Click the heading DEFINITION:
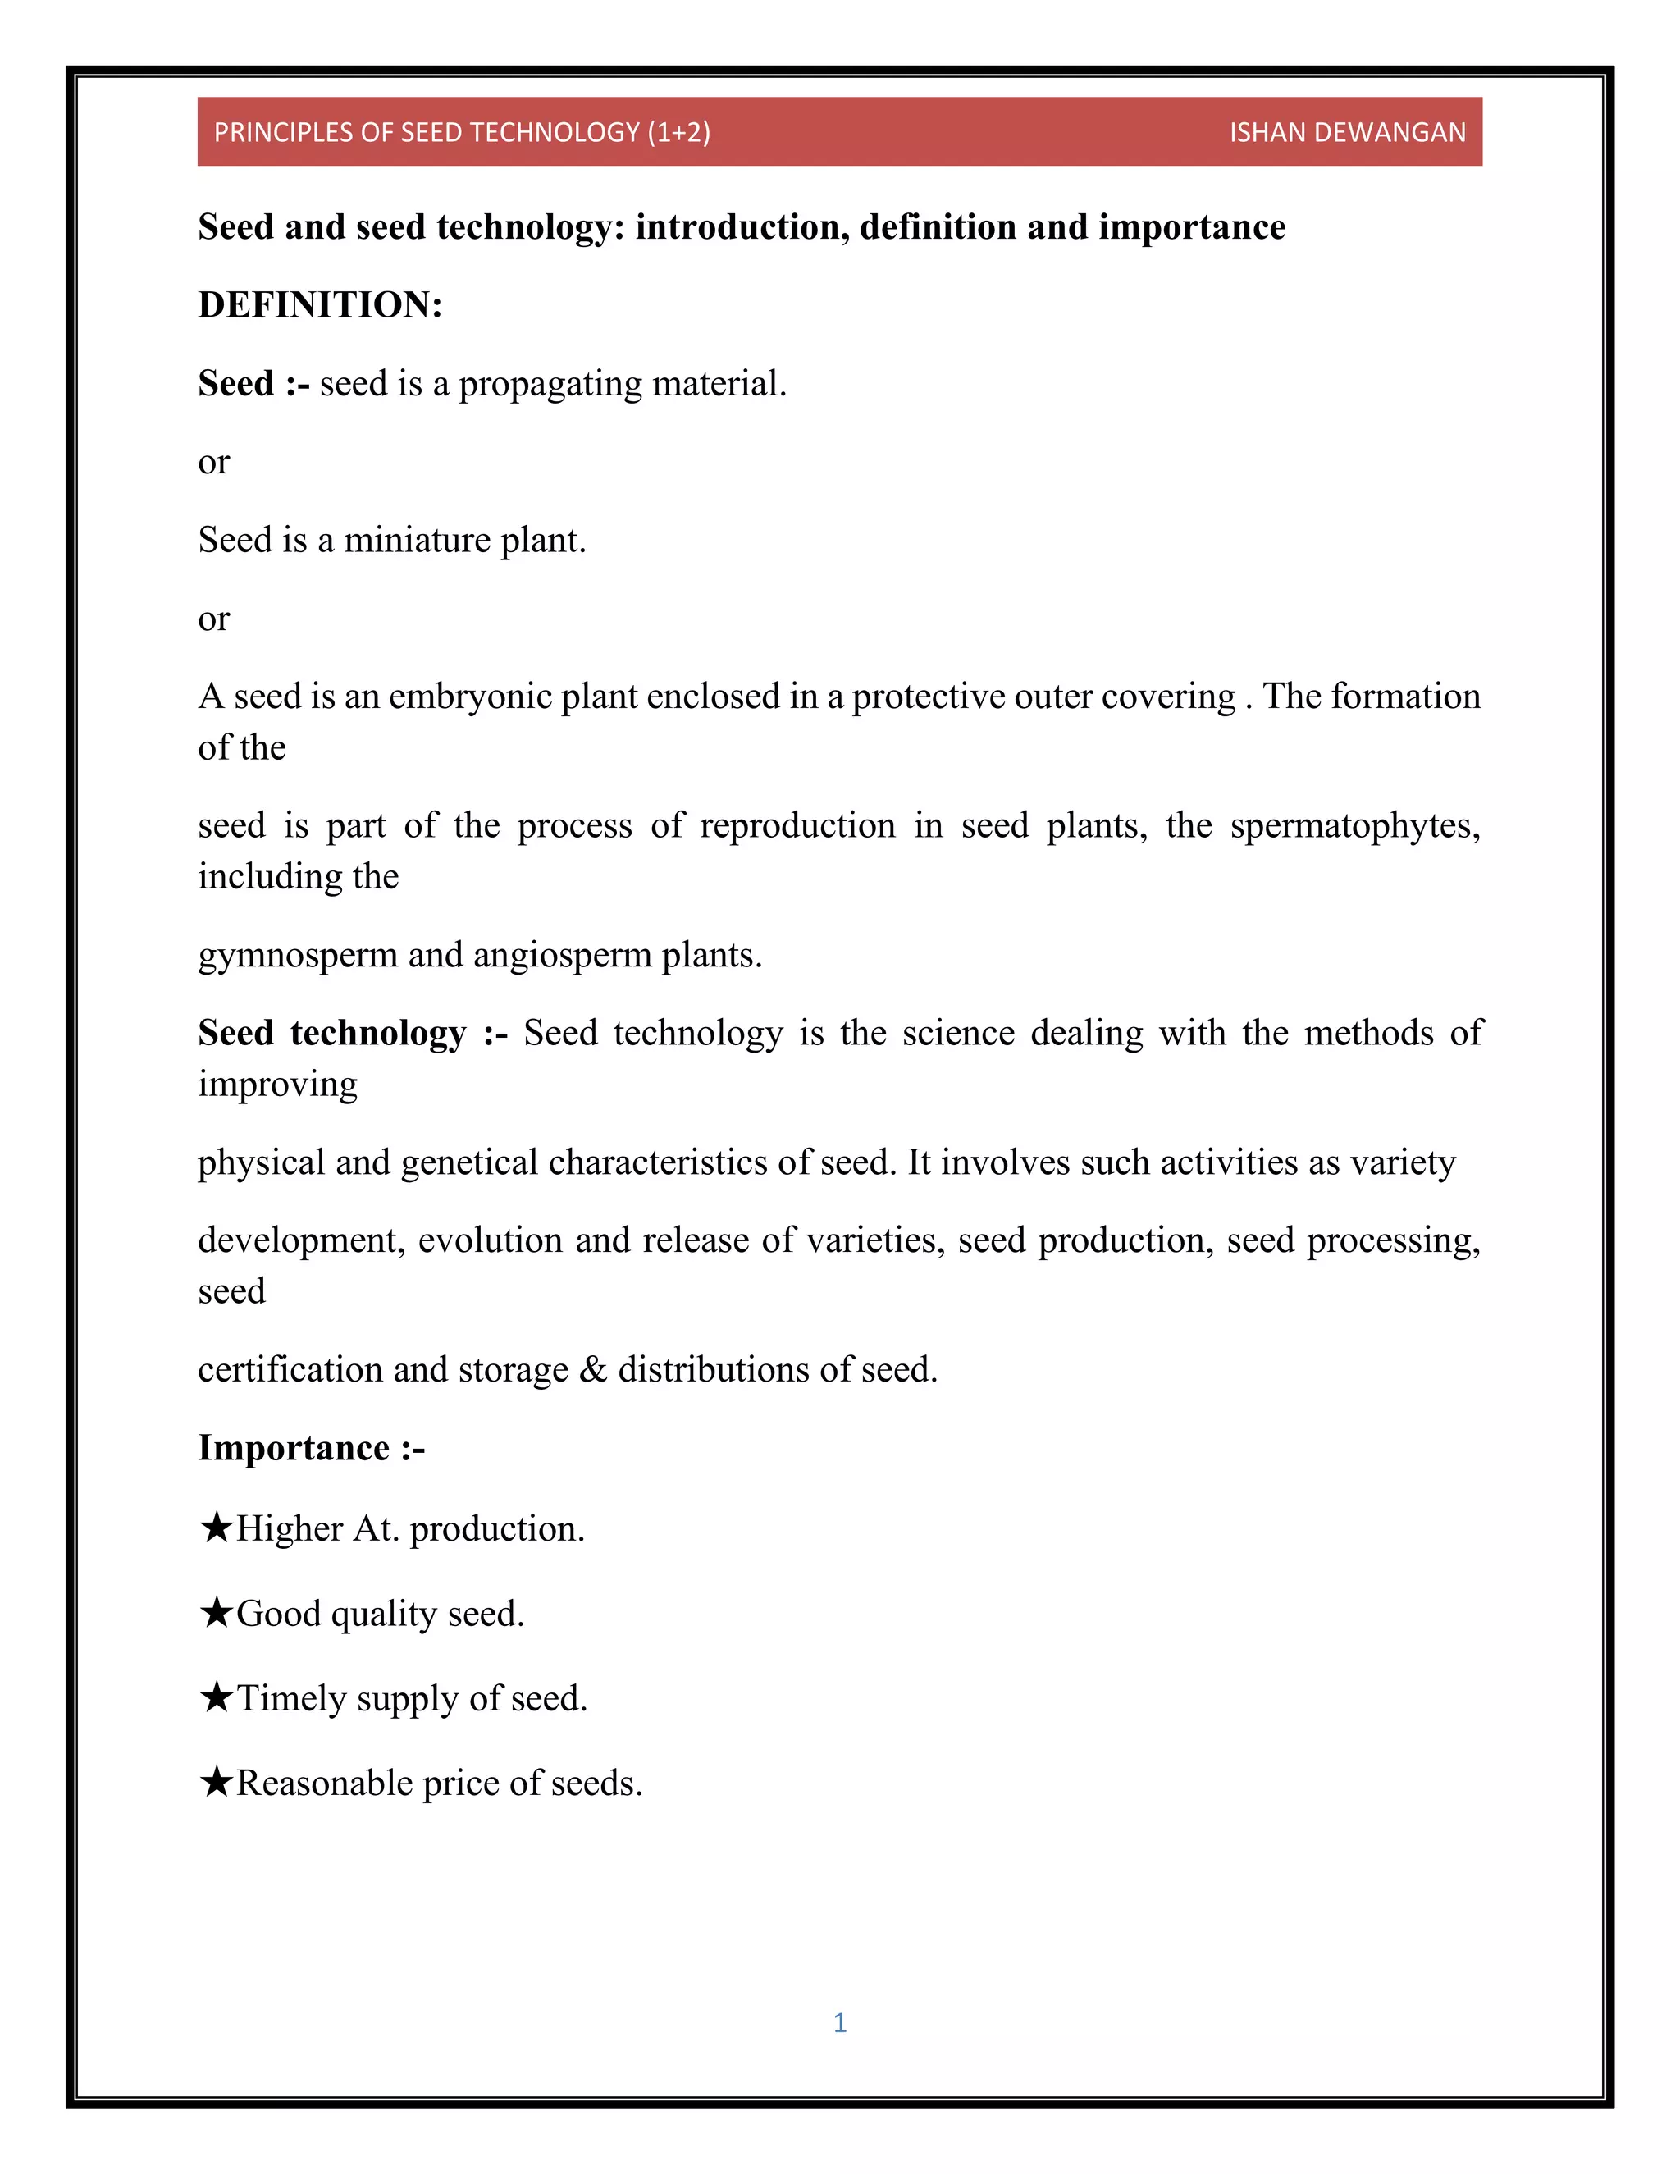pos(319,304)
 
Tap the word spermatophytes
pos(1354,826)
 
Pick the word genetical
pos(468,1162)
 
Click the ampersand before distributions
pos(592,1370)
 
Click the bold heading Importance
pos(294,1448)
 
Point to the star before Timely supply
pos(216,1697)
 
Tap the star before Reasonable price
pos(216,1781)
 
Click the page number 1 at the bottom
pos(840,2021)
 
